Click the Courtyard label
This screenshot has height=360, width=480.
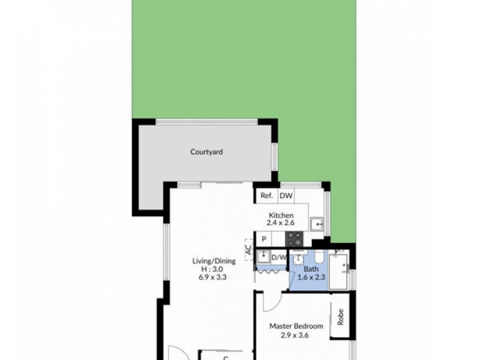click(x=206, y=152)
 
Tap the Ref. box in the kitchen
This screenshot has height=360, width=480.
click(x=266, y=196)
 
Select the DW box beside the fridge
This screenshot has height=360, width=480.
click(x=286, y=196)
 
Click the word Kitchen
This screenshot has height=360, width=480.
click(x=281, y=215)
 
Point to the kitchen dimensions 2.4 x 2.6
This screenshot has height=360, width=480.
click(x=281, y=223)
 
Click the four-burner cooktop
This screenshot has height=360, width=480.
click(x=294, y=238)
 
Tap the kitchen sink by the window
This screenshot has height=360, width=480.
click(x=317, y=224)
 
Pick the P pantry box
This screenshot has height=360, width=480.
click(x=263, y=239)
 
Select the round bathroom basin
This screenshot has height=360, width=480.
click(x=298, y=259)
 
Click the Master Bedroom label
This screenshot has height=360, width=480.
click(x=296, y=326)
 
